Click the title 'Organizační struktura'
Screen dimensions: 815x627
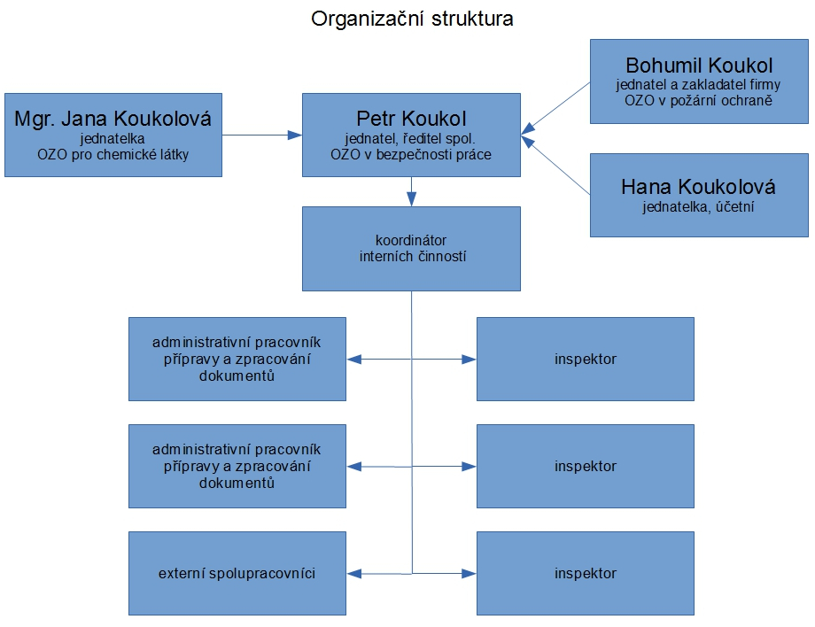click(412, 19)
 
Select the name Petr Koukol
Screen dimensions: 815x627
click(411, 119)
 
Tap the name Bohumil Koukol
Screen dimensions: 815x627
click(699, 66)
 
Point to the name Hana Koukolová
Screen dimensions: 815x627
click(698, 187)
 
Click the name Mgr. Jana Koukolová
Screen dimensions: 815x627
click(113, 120)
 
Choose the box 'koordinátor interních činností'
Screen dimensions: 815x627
click(411, 249)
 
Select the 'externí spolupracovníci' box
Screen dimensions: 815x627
click(237, 574)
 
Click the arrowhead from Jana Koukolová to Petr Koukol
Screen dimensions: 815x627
click(295, 135)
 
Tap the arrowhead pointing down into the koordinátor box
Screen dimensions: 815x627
click(412, 199)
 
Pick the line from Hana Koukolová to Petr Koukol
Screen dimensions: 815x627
click(555, 166)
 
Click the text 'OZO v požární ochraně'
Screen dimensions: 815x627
click(699, 101)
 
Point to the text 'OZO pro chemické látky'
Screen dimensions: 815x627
click(113, 155)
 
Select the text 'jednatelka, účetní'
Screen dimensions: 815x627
click(698, 206)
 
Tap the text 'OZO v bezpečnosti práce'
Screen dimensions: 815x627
click(411, 155)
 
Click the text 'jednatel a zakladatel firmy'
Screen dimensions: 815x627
click(699, 85)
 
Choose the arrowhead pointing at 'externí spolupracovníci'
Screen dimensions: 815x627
click(354, 574)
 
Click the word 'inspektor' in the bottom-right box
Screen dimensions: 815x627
click(586, 574)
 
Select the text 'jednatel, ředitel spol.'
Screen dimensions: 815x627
click(410, 139)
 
